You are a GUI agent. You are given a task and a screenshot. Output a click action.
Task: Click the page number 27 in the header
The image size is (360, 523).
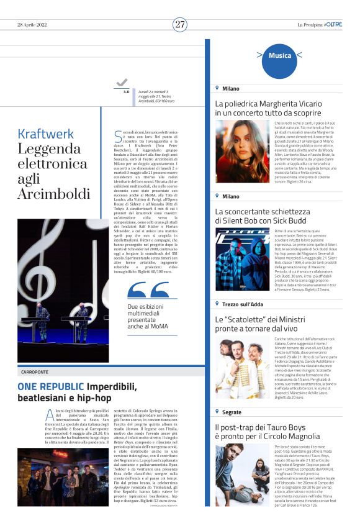tap(180, 24)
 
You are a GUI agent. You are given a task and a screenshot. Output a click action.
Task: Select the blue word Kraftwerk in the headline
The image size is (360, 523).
tap(46, 134)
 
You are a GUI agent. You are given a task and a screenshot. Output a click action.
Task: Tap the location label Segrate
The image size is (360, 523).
tap(232, 412)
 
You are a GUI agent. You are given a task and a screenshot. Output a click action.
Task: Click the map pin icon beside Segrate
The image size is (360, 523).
tap(217, 412)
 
